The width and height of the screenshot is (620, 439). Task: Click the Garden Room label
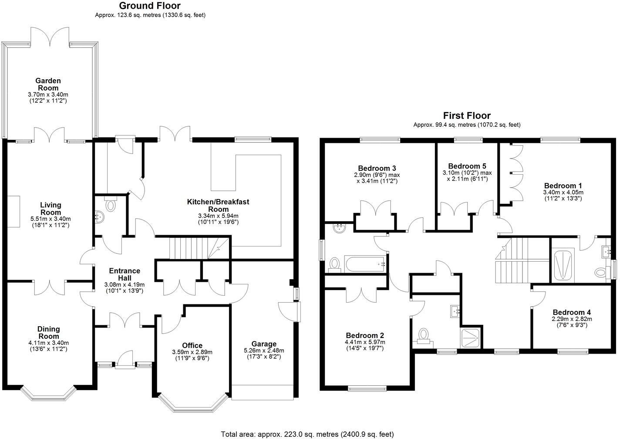tap(48, 84)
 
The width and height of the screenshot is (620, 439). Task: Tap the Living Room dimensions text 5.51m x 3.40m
tap(51, 219)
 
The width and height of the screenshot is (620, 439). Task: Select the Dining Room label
tap(48, 333)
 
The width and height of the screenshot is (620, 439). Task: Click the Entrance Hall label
tap(125, 274)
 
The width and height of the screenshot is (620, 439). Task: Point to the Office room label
tap(192, 345)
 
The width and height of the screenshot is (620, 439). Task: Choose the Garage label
tap(263, 344)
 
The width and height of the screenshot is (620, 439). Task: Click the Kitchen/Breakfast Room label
tap(218, 205)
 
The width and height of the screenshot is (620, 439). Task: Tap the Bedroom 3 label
tap(377, 168)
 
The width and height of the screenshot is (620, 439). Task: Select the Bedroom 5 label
tap(467, 166)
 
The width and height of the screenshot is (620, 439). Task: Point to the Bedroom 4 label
tap(572, 312)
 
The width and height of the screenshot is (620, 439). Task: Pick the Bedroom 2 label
tap(365, 335)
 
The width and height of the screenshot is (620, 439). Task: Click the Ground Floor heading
tap(150, 6)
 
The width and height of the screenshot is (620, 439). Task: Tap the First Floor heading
tap(467, 115)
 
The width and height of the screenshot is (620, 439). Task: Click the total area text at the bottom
tap(307, 434)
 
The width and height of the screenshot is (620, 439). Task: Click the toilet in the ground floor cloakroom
tap(110, 205)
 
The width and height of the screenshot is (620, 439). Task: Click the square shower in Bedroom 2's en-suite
tap(472, 337)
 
